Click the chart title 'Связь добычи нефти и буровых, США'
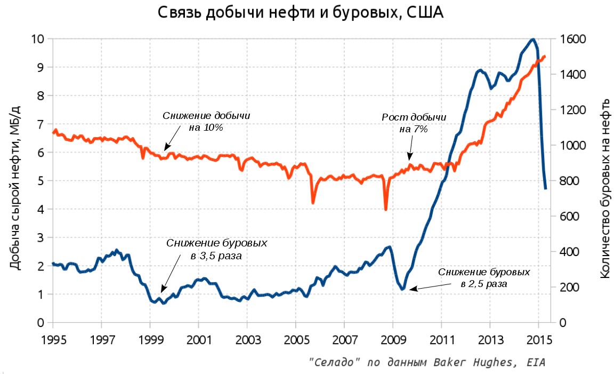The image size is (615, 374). [301, 13]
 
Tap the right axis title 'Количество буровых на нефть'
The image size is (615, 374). [604, 188]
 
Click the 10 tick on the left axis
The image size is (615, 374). [37, 39]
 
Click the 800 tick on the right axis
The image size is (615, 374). [571, 181]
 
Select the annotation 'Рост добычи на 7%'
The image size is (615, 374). [414, 123]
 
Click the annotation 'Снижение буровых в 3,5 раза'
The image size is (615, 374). [216, 249]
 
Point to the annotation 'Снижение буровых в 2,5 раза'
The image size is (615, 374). [484, 277]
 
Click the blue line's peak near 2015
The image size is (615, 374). [532, 39]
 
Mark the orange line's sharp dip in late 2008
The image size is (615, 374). [385, 209]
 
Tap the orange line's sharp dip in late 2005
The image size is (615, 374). [313, 202]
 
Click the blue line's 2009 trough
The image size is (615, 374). [403, 289]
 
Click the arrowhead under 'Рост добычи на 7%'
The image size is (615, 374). [409, 158]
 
